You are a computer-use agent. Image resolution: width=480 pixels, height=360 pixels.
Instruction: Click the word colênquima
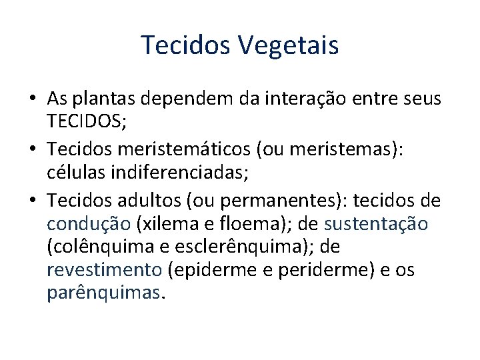coord(105,247)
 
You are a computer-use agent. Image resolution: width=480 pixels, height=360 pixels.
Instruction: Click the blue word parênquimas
coord(103,293)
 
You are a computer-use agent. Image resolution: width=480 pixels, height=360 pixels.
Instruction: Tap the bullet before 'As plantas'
coord(33,99)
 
